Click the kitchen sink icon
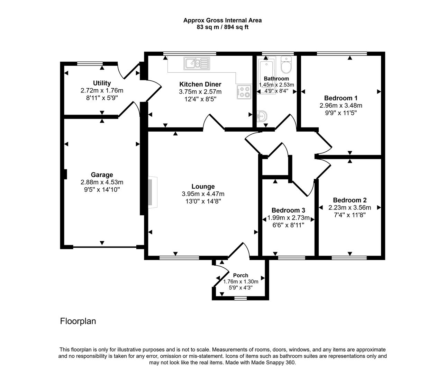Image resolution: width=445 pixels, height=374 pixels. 197,63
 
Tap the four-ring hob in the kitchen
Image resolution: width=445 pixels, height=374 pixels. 244,92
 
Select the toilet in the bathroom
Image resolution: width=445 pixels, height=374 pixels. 287,65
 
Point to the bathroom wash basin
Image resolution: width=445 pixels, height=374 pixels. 262,116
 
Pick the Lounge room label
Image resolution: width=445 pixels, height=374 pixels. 203,187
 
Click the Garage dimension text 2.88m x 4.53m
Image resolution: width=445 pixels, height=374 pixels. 102,182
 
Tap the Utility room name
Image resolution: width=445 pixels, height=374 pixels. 102,83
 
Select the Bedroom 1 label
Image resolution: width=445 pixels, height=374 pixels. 341,98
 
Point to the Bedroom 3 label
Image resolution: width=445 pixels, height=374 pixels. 288,210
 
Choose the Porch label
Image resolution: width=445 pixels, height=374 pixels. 240,275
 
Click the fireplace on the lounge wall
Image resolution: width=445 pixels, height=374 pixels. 152,193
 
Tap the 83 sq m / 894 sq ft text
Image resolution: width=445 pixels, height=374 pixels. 222,27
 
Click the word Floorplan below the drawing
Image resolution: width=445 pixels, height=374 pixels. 78,321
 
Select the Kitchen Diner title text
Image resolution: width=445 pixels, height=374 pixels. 200,84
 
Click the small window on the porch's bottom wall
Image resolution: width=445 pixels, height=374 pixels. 240,297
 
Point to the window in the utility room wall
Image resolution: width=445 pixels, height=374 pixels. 90,63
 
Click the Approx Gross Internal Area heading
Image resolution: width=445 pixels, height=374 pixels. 222,20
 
